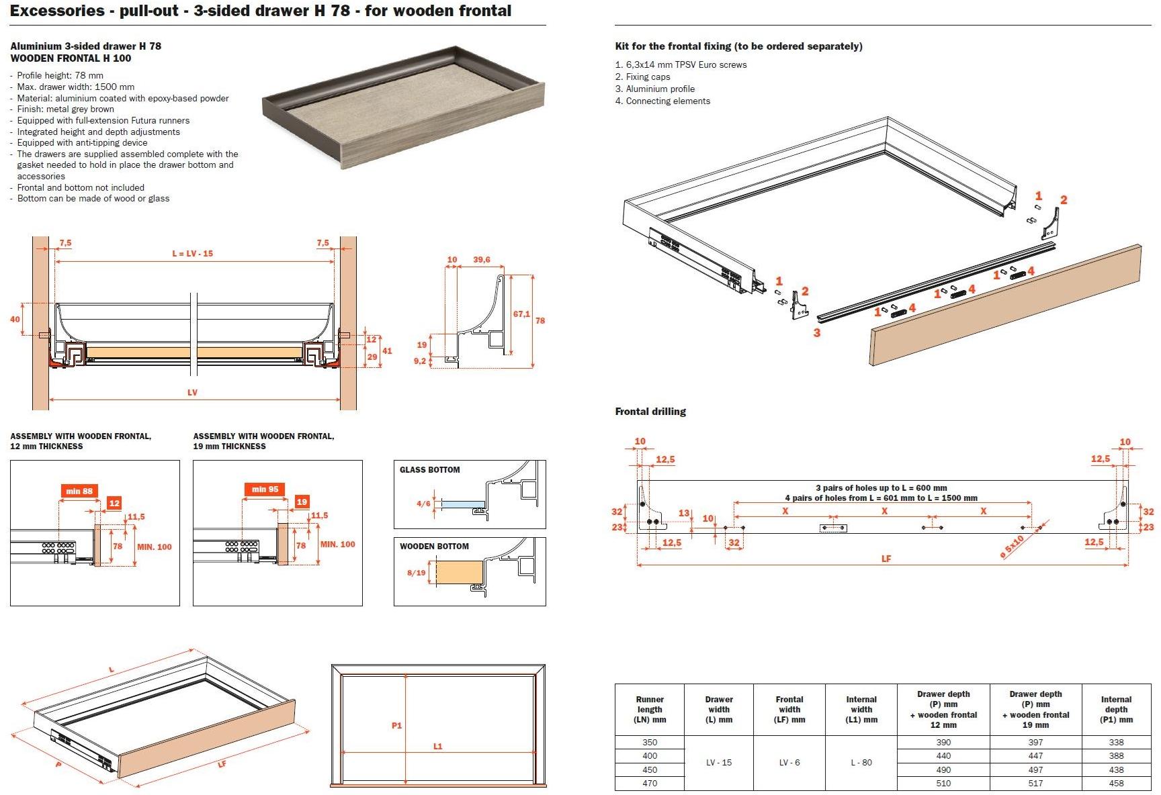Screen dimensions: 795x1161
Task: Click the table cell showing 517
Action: point(1035,783)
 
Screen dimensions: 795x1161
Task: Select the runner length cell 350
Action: point(650,742)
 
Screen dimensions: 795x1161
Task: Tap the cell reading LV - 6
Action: point(789,763)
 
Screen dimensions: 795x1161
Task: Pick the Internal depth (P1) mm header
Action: point(1116,709)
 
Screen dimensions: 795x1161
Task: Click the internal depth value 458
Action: point(1116,783)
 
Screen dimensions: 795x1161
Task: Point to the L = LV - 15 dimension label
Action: point(192,253)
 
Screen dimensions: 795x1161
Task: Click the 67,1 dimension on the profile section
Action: point(521,314)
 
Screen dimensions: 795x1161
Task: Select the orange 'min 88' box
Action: point(79,491)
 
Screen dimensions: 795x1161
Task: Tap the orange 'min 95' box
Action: point(265,489)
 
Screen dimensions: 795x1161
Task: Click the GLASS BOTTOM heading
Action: point(430,470)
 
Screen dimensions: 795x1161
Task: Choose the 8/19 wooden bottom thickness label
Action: point(417,573)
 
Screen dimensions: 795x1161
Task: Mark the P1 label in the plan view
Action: point(396,725)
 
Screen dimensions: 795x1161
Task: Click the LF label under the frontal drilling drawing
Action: point(886,559)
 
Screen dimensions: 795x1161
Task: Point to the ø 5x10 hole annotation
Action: point(1012,547)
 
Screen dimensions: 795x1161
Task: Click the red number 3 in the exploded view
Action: point(816,332)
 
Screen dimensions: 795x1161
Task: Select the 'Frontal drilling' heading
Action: point(650,412)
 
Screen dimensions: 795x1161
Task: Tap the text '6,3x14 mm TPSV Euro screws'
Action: point(686,65)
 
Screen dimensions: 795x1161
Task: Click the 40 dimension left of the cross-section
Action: point(15,319)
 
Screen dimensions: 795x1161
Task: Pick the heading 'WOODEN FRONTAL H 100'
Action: point(71,58)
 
